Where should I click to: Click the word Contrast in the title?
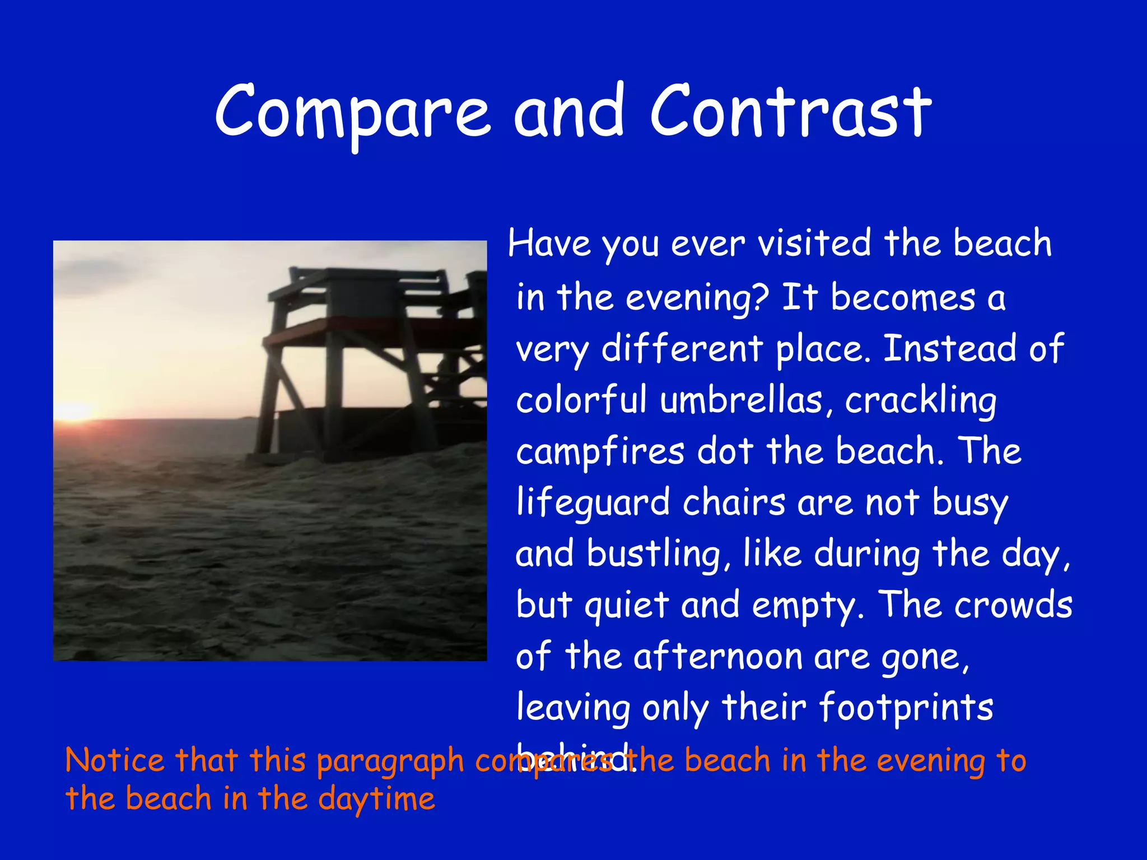click(790, 112)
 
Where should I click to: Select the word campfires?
click(600, 452)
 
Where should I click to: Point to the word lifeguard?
click(593, 503)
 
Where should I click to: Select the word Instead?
click(949, 349)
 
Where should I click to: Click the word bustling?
click(654, 554)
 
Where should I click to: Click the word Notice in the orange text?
click(115, 760)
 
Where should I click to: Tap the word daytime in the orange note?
click(376, 800)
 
